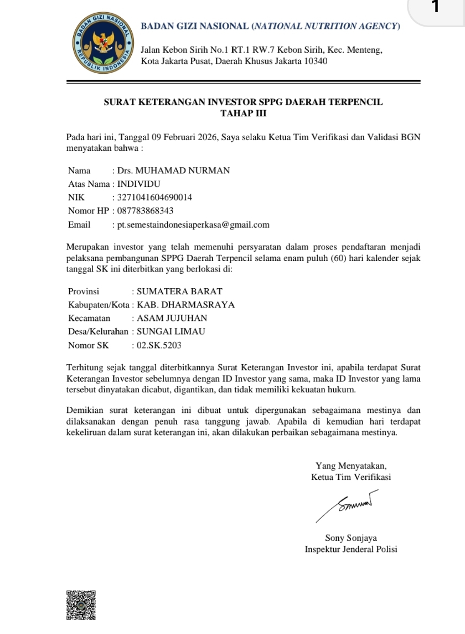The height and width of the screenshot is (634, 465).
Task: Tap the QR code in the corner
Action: [x=81, y=605]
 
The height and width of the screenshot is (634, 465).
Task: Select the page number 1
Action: [x=435, y=8]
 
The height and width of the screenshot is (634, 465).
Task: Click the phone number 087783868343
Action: [x=146, y=211]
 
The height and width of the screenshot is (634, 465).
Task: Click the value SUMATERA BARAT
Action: [x=179, y=292]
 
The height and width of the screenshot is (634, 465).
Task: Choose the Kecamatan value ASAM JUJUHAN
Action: [x=172, y=318]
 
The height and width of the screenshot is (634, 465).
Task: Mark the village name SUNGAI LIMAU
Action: [x=170, y=332]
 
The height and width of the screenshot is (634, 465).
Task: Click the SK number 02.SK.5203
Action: [x=159, y=345]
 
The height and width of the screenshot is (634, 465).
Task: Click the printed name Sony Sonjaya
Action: [x=351, y=538]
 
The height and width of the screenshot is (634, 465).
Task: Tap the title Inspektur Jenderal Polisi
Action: [x=351, y=549]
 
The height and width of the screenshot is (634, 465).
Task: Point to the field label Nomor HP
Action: [x=89, y=211]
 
